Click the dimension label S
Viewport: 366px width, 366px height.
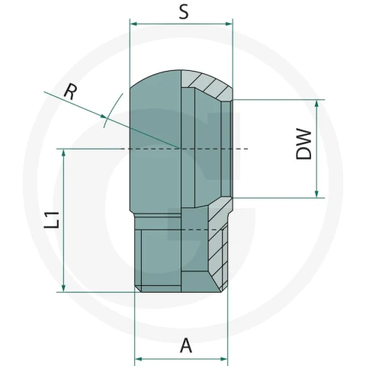(184, 12)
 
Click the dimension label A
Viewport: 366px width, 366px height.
(186, 345)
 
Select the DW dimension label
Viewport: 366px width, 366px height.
(304, 144)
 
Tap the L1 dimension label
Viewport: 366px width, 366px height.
(52, 220)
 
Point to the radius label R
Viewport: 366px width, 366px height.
(70, 92)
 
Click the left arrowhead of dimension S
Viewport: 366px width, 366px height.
(133, 24)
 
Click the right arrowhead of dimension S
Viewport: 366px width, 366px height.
(229, 24)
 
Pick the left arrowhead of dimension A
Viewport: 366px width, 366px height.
(138, 359)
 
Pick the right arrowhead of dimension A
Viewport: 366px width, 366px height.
(224, 359)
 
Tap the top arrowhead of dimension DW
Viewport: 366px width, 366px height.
(316, 104)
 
